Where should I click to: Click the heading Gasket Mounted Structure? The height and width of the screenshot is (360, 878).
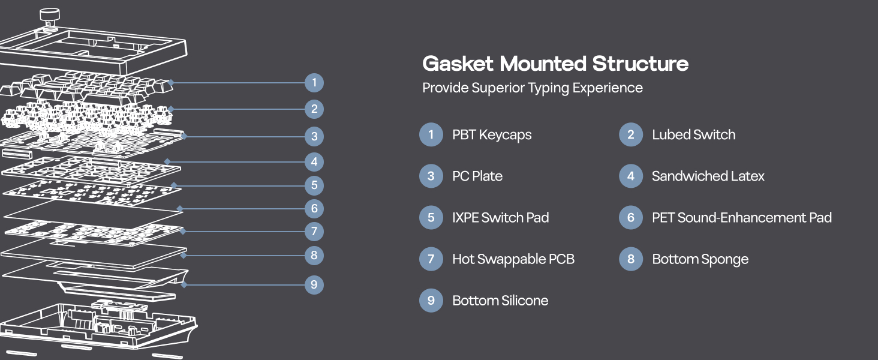[x=555, y=64]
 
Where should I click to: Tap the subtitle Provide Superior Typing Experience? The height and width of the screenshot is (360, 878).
[x=533, y=88]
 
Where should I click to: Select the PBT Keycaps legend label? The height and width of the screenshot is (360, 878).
[x=492, y=135]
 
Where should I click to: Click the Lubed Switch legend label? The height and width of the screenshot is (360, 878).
[x=693, y=135]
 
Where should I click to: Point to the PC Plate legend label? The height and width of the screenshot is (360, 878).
[x=477, y=176]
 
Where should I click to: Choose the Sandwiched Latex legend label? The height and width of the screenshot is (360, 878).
[x=708, y=176]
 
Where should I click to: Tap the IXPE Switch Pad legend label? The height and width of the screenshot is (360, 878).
[x=500, y=218]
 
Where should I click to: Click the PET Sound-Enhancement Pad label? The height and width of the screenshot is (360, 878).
[x=741, y=218]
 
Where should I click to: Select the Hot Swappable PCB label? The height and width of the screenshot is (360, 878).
[x=513, y=259]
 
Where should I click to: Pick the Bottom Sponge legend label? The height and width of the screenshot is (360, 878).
[x=700, y=259]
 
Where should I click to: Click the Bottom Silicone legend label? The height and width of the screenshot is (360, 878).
[x=500, y=301]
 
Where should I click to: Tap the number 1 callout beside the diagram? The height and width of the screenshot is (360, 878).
[x=314, y=83]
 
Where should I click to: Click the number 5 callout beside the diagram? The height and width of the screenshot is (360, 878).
[x=314, y=185]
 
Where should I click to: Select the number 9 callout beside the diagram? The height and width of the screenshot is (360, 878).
[x=314, y=284]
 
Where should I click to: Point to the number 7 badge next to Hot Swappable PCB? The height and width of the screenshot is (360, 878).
[x=431, y=259]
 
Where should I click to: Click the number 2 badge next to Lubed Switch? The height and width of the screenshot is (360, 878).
[x=630, y=135]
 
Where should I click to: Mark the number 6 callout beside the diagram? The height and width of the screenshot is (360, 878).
[x=314, y=209]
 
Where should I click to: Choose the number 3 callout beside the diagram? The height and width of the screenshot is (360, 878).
[x=314, y=136]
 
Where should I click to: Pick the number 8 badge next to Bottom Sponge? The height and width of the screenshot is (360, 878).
[x=630, y=259]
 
